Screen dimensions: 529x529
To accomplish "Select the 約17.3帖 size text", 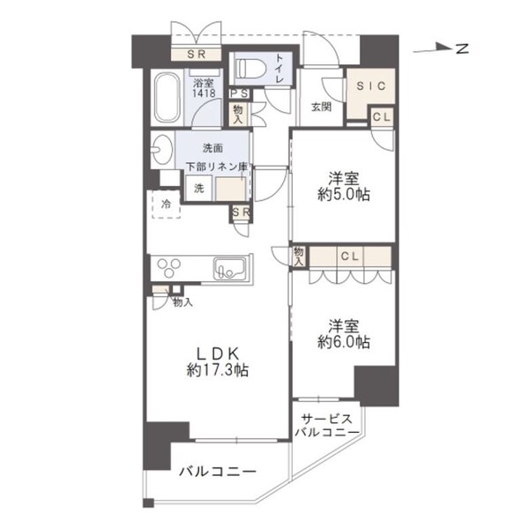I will click(216, 370).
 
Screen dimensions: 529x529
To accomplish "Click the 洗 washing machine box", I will click(198, 188).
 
